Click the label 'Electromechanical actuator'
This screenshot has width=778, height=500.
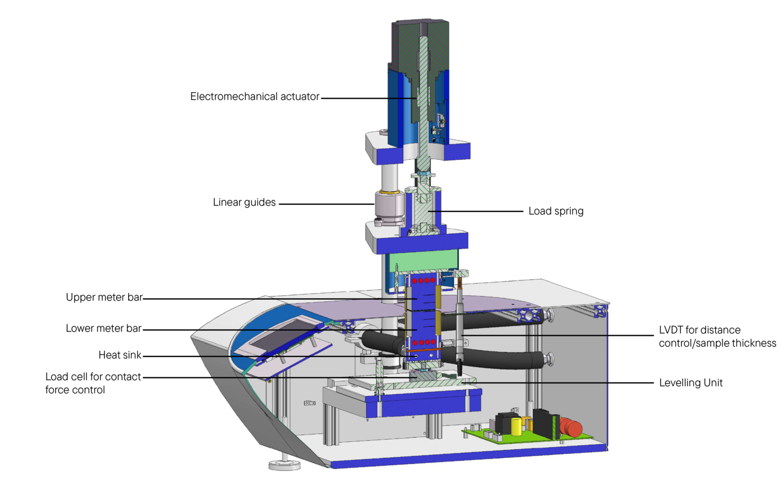point(254,96)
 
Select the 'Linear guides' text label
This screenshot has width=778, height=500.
point(244,202)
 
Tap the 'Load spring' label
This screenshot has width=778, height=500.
point(556,211)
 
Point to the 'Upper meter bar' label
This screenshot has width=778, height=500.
point(104,297)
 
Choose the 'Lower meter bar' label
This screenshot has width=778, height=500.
point(103,329)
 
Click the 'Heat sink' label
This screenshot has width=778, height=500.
point(120,355)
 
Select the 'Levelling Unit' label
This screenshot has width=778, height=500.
point(690,383)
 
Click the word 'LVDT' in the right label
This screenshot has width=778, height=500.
point(671,330)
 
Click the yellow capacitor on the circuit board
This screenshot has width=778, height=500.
point(516,426)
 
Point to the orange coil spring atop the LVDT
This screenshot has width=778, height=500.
point(460,282)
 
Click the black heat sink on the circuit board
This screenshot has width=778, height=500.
point(546,424)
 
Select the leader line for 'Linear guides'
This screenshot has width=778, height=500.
point(326,204)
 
